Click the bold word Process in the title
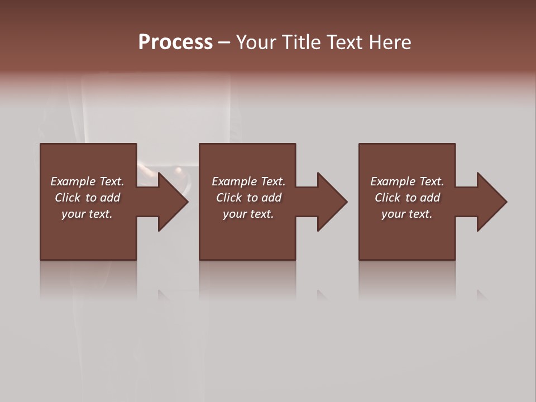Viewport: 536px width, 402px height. (175, 42)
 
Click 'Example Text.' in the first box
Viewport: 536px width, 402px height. (87, 181)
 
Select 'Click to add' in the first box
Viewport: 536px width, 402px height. (87, 198)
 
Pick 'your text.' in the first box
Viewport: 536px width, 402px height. (87, 214)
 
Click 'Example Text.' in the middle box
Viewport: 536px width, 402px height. (248, 181)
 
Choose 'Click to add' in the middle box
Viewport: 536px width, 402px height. (248, 198)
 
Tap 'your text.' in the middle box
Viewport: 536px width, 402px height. (248, 214)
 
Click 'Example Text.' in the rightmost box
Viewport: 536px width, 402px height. (407, 181)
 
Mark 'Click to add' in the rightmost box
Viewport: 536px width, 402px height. (407, 198)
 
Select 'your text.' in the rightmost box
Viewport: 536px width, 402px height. (407, 214)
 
